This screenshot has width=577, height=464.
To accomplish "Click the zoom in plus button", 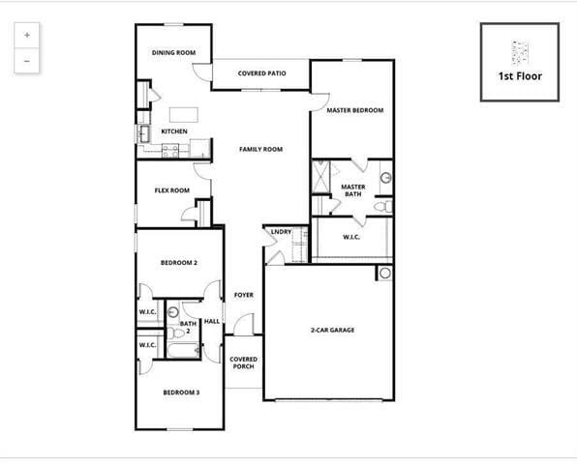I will [27, 35].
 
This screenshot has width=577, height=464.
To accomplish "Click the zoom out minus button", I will [27, 60].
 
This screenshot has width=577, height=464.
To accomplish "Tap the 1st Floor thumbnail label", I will [520, 75].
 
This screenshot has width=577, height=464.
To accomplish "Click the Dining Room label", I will [174, 52].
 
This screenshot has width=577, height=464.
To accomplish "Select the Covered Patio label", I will [261, 73].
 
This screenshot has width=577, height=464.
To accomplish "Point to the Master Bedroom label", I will [354, 110].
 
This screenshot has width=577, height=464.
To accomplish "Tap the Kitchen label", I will [174, 131].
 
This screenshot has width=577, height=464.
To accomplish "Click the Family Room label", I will [260, 149].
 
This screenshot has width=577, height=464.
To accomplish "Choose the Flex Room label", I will [172, 190].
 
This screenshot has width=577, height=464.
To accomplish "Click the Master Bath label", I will [353, 190].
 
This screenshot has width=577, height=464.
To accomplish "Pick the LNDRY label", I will [281, 232].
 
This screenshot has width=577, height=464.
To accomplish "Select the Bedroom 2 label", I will [179, 263].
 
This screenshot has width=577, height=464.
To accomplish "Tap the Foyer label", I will [243, 295].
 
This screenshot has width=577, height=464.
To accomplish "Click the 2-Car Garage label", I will [332, 331].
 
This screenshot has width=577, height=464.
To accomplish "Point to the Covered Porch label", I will [243, 362].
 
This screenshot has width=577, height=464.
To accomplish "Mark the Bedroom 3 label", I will [181, 391].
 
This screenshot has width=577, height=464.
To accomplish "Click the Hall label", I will [212, 321].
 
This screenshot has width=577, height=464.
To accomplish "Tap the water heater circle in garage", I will [384, 274].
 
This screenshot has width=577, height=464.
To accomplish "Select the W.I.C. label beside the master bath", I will [351, 237].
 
